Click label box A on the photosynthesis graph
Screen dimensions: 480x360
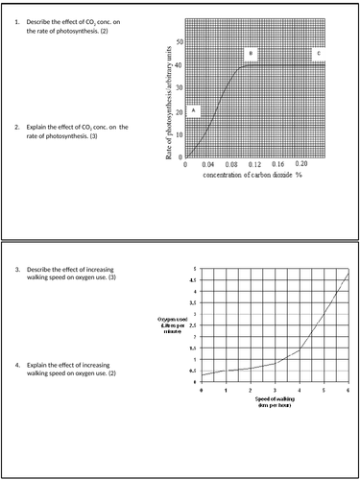193,110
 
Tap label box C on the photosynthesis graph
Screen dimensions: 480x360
318,54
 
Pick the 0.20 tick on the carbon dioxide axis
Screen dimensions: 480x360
301,165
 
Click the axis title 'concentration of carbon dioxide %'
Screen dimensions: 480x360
252,177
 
